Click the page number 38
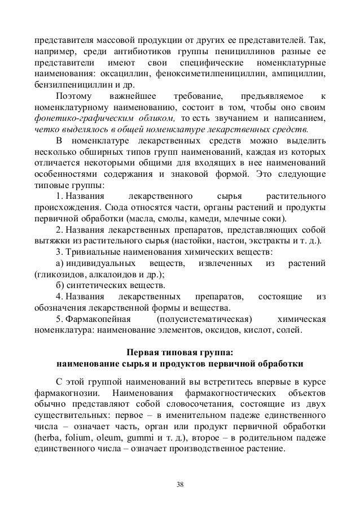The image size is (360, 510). [179, 483]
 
